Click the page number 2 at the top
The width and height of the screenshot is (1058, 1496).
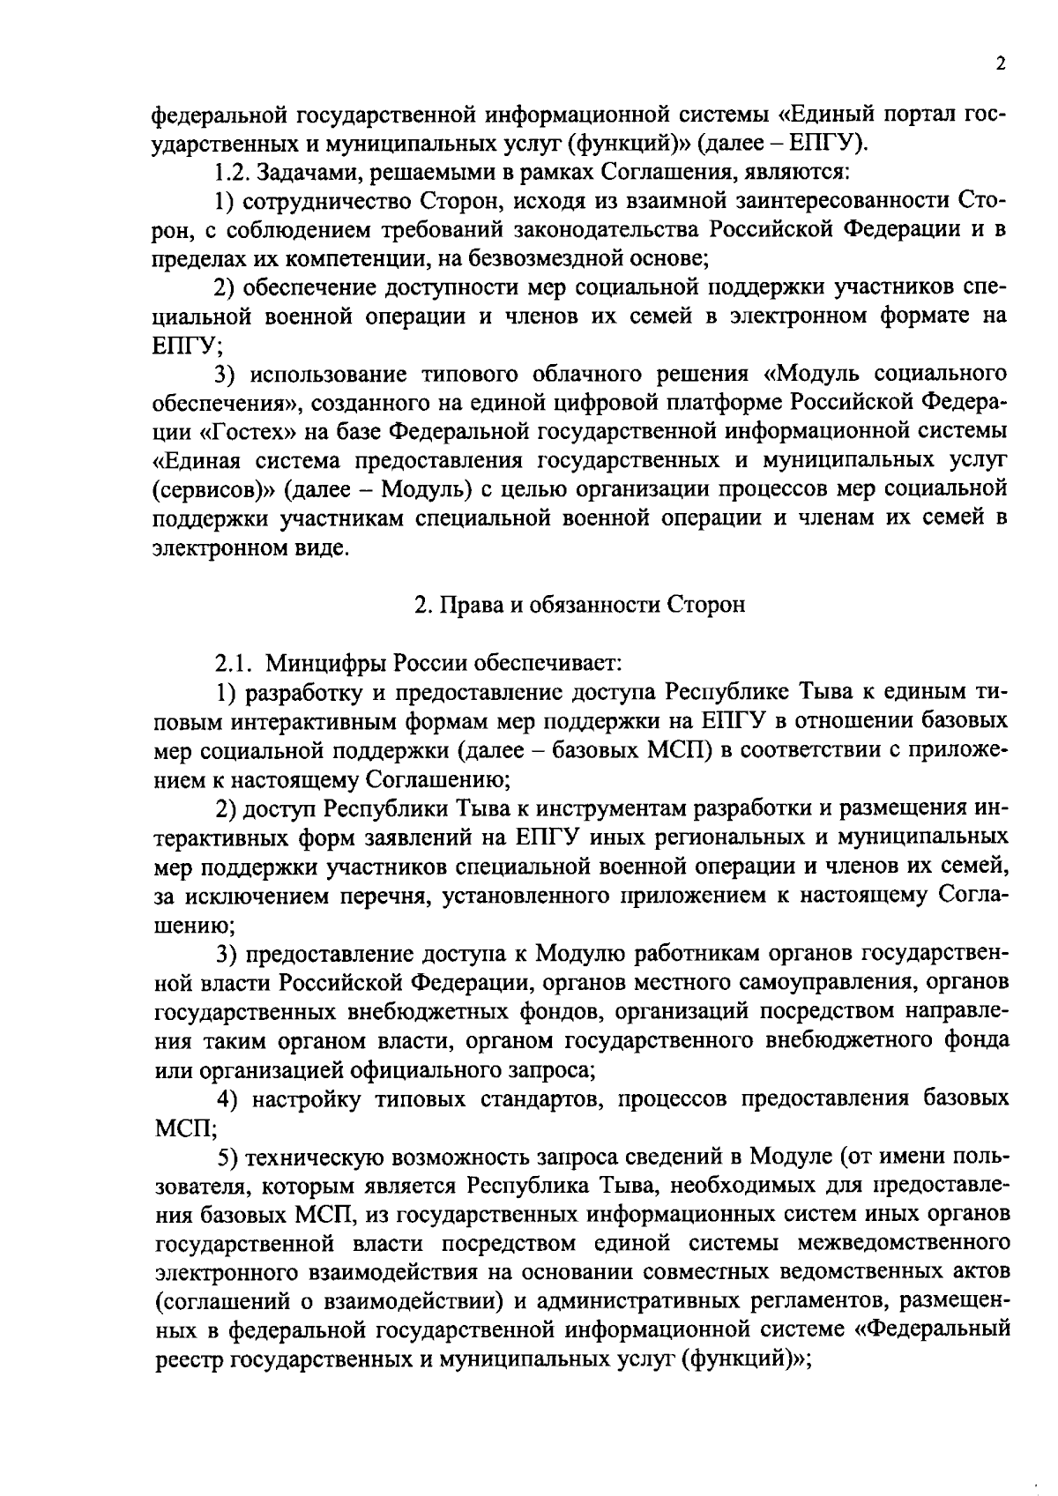[1000, 63]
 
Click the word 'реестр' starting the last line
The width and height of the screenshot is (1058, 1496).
[189, 1359]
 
